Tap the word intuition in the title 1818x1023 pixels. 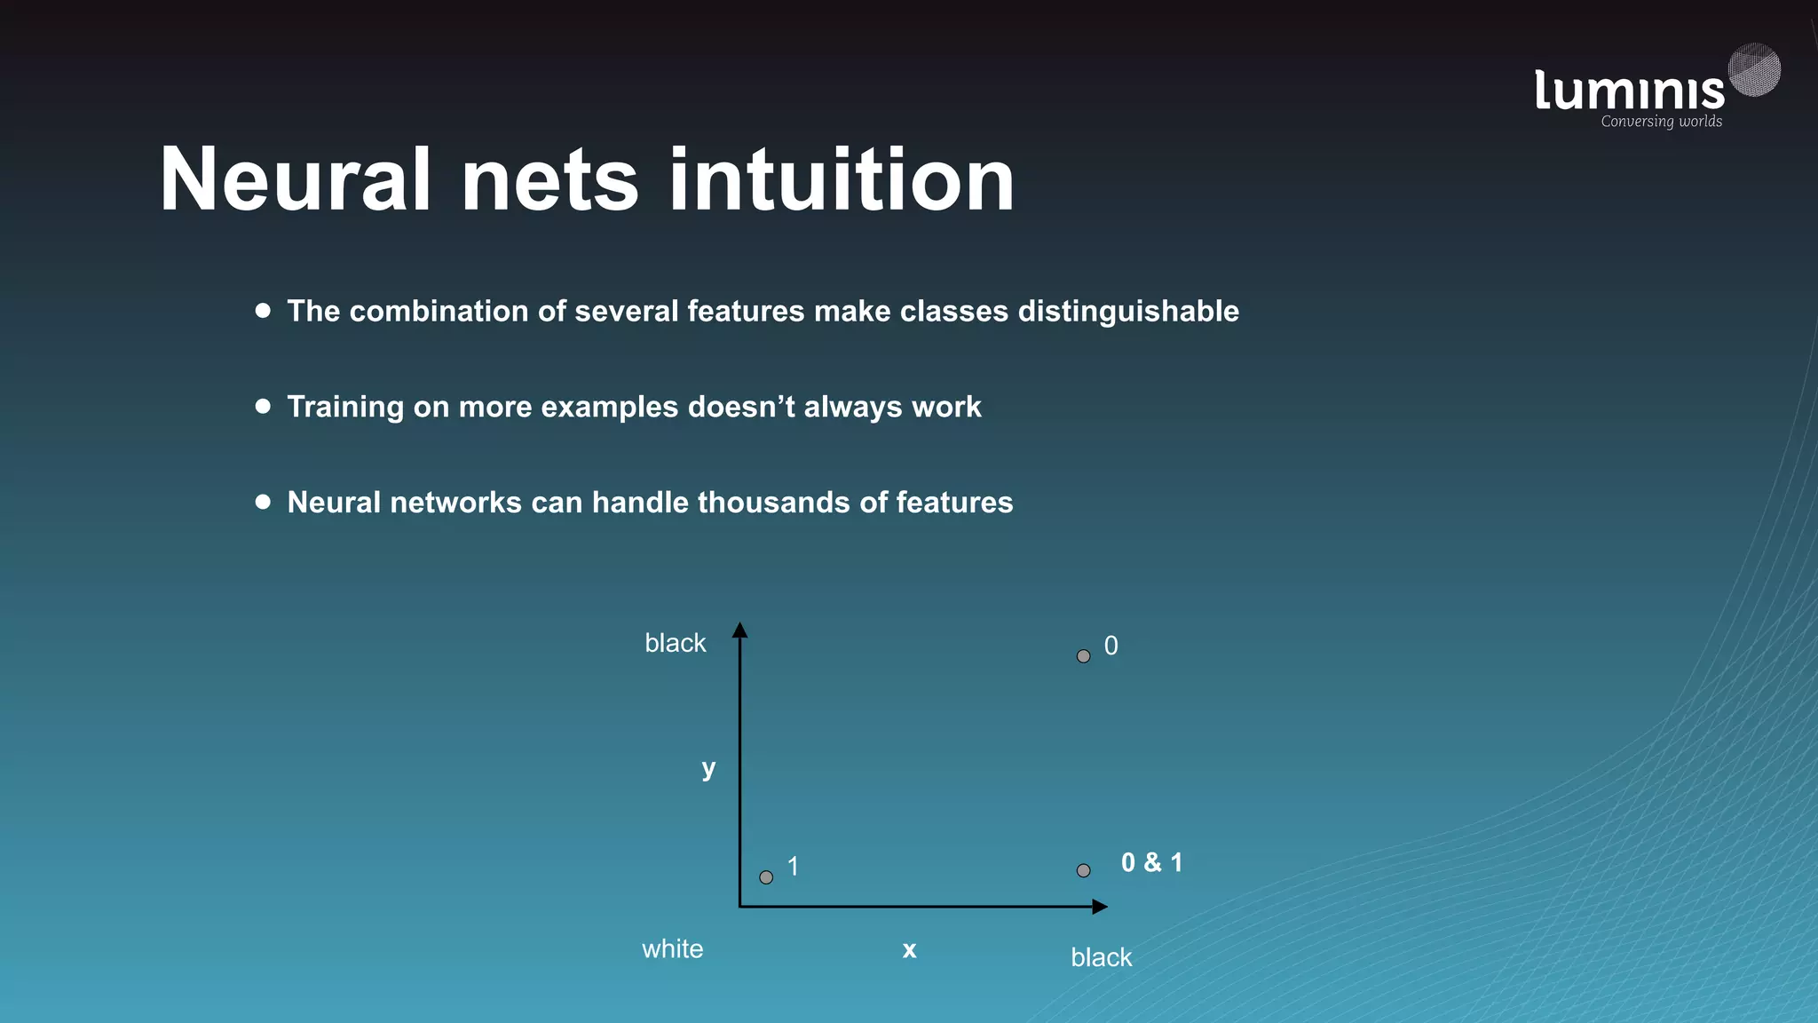pyautogui.click(x=841, y=179)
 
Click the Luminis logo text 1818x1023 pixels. pyautogui.click(x=1629, y=91)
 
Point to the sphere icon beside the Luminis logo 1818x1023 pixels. pyautogui.click(x=1754, y=69)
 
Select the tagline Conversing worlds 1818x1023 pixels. pyautogui.click(x=1661, y=122)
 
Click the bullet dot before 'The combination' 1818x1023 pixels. pyautogui.click(x=263, y=310)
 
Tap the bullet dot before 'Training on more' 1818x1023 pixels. pyautogui.click(x=263, y=406)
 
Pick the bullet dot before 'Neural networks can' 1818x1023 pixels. pyautogui.click(x=263, y=502)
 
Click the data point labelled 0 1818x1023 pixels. pyautogui.click(x=1083, y=656)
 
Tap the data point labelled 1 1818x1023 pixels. pyautogui.click(x=766, y=877)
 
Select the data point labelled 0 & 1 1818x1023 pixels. pyautogui.click(x=1083, y=870)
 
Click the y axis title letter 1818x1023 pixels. pyautogui.click(x=708, y=768)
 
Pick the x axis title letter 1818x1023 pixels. pyautogui.click(x=909, y=950)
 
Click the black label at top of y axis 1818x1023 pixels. pyautogui.click(x=675, y=643)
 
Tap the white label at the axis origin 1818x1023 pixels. pyautogui.click(x=672, y=949)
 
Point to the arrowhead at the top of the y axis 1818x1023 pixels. pyautogui.click(x=739, y=630)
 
